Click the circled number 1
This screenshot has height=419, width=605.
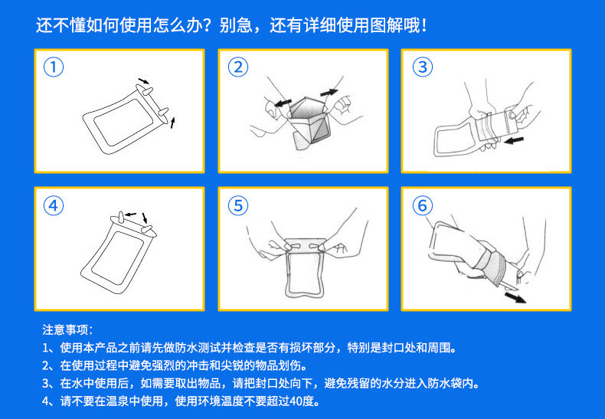[x=54, y=67]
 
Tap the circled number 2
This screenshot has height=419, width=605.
[x=237, y=67]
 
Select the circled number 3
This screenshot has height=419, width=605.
[x=423, y=67]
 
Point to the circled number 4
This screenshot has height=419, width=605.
[x=54, y=205]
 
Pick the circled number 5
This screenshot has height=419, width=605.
[x=237, y=205]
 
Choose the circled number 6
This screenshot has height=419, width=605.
[x=423, y=205]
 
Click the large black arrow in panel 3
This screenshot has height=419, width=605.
[x=514, y=140]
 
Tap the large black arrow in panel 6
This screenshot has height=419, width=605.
[x=515, y=297]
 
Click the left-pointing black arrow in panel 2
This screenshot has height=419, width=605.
[x=283, y=103]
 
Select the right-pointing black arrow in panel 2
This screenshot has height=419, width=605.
[x=329, y=93]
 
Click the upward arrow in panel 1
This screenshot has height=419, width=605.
[x=172, y=123]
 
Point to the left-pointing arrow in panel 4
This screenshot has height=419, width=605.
[x=131, y=214]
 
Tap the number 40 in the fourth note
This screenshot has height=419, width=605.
[x=296, y=401]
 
